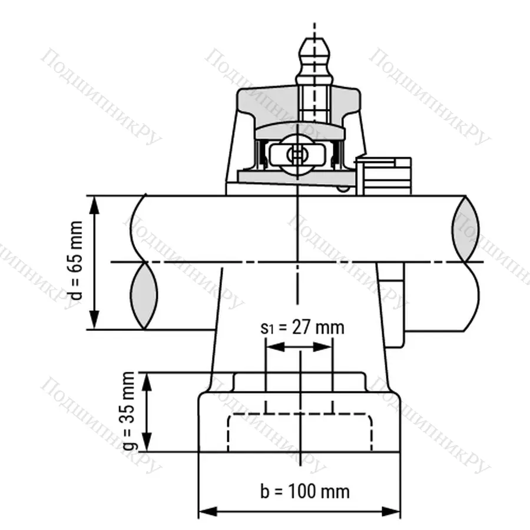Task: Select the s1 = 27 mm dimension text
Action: click(302, 327)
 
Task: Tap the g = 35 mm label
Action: click(129, 411)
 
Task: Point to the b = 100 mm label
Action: click(304, 491)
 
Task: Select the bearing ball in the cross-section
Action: click(297, 154)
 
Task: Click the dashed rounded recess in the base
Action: click(300, 433)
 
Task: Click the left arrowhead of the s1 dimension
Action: click(272, 346)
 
